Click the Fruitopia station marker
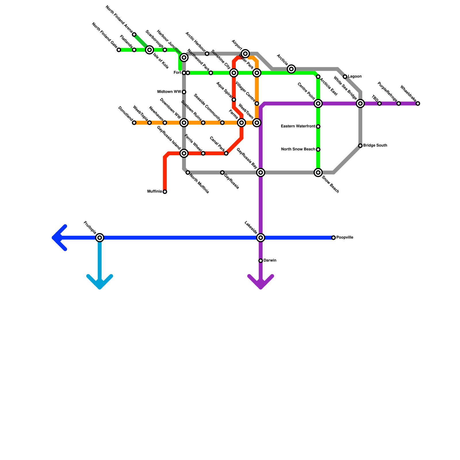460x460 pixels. pos(100,238)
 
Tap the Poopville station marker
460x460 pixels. pos(333,238)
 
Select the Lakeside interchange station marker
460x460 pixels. pos(261,238)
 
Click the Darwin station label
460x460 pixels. pos(270,260)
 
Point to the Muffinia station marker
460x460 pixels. pos(165,192)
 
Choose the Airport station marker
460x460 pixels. pos(245,53)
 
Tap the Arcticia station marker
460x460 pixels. pos(291,69)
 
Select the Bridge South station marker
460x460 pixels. pos(360,146)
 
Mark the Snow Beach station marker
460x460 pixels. pos(318,172)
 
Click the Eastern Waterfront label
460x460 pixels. pos(298,126)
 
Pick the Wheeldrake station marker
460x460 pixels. pos(418,103)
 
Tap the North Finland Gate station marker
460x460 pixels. pos(119,50)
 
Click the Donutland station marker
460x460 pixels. pos(134,123)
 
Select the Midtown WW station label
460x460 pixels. pos(169,92)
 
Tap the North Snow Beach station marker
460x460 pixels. pos(318,149)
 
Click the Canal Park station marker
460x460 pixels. pos(226,154)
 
